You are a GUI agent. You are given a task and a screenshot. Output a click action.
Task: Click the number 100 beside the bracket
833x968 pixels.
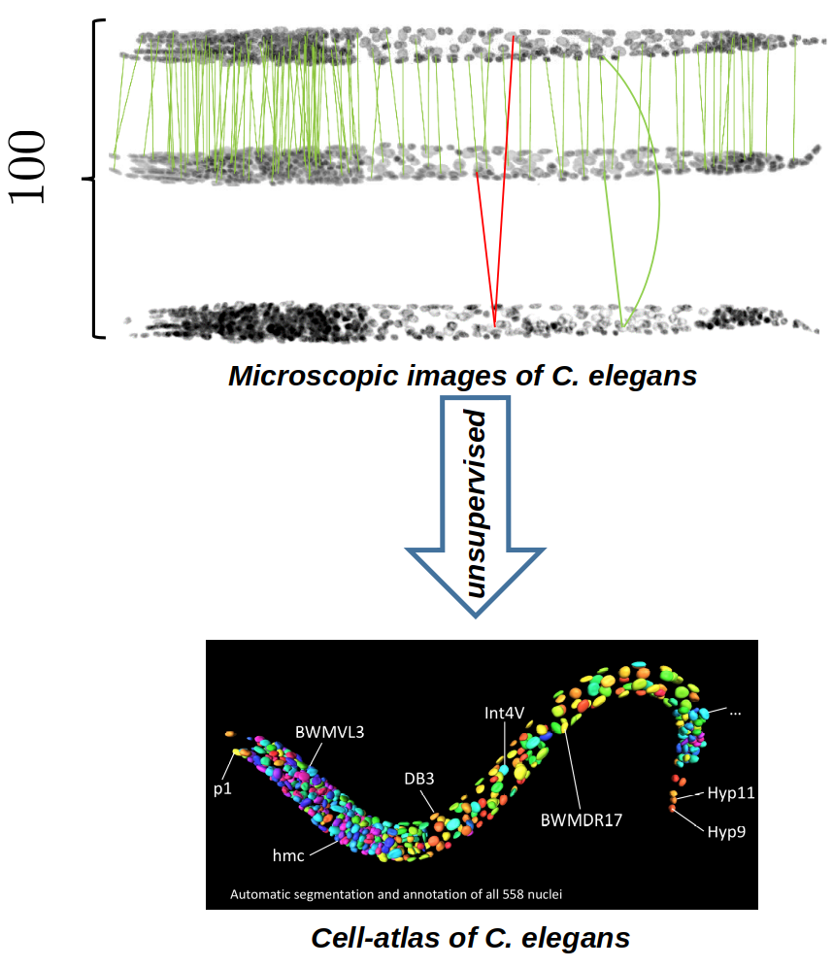point(28,167)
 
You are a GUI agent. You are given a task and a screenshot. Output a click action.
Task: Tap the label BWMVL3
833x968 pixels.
point(329,732)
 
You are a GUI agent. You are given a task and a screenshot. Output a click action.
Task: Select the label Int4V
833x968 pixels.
point(504,713)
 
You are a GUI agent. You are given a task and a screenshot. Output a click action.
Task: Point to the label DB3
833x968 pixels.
point(418,779)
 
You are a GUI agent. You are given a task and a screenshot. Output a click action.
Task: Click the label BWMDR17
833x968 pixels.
point(582,819)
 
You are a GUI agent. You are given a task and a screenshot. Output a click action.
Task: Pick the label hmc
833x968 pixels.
point(288,855)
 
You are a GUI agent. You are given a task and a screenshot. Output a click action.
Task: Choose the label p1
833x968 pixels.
point(222,789)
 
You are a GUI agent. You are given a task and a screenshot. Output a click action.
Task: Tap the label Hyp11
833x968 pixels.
point(731,793)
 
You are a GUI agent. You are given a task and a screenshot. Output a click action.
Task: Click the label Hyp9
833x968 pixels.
point(726,832)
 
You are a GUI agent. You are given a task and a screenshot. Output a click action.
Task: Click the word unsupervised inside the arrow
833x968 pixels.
point(476,504)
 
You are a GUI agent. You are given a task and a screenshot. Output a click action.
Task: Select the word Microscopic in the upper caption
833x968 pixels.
point(313,376)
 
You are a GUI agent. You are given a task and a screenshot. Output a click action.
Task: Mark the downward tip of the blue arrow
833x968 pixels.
point(476,616)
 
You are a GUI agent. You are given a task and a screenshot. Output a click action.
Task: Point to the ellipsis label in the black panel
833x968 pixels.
point(735,713)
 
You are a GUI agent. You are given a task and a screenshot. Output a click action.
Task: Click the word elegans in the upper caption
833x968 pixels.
point(642,376)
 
